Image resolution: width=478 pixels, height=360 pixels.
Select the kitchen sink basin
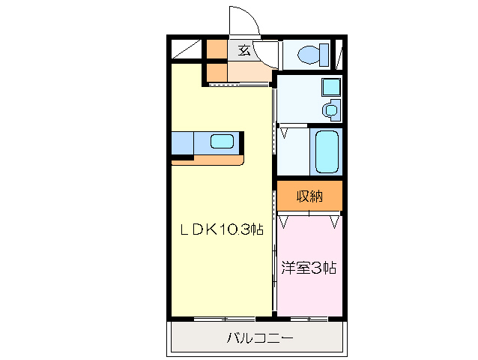(x=223, y=141)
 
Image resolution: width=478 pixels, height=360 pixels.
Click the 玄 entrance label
(x=244, y=51)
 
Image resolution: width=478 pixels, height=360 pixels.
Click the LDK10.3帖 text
(x=220, y=229)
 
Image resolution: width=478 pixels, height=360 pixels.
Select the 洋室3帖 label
(x=309, y=267)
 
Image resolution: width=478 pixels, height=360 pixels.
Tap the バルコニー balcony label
(x=259, y=338)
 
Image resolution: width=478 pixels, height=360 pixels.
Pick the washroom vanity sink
(x=330, y=110)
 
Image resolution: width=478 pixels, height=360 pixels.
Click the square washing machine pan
(x=330, y=87)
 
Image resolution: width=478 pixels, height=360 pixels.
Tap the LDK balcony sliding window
(x=214, y=319)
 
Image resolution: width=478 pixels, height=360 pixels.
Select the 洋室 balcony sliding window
(x=309, y=319)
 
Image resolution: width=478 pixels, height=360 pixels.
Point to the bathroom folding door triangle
(x=285, y=133)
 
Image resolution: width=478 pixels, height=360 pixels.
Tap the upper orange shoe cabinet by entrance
(x=216, y=49)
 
